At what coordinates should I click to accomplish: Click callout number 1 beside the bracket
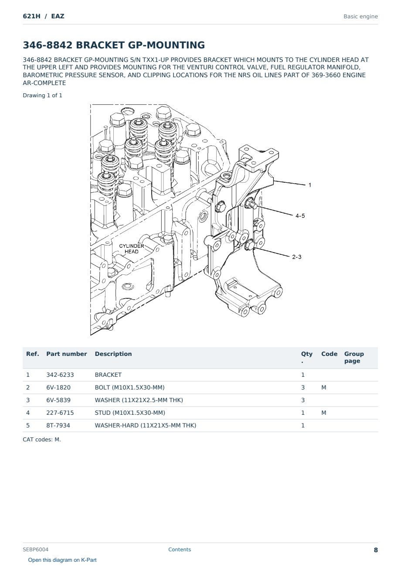tap(309, 185)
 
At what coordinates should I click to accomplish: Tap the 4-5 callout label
tap(300, 216)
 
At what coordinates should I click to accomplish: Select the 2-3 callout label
tap(297, 257)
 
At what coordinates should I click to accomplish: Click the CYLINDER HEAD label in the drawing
tap(132, 249)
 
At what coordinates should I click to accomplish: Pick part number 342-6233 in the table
tap(60, 375)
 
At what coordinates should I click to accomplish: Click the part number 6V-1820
tap(58, 388)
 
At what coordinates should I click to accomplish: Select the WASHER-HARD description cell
tap(146, 426)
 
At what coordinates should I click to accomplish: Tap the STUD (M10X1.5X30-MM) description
tap(130, 413)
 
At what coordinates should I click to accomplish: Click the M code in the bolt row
tap(323, 388)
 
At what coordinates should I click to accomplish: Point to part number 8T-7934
tap(58, 426)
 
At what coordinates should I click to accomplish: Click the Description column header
tap(113, 354)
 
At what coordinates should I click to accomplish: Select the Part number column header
tap(67, 354)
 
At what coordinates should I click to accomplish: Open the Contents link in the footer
tap(180, 550)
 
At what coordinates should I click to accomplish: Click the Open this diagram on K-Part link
tap(62, 560)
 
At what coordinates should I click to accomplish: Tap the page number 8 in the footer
tap(376, 550)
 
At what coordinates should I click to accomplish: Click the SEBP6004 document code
tap(35, 550)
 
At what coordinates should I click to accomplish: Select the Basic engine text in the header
tap(360, 17)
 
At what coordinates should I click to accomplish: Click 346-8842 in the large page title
tap(48, 45)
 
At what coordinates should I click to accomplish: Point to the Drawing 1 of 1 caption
tap(43, 96)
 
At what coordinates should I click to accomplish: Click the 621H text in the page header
tap(31, 16)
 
